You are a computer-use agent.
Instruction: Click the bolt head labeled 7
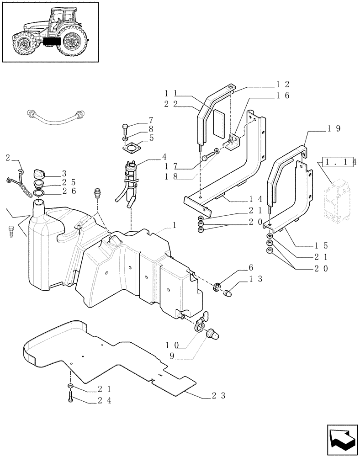tap(126, 126)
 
